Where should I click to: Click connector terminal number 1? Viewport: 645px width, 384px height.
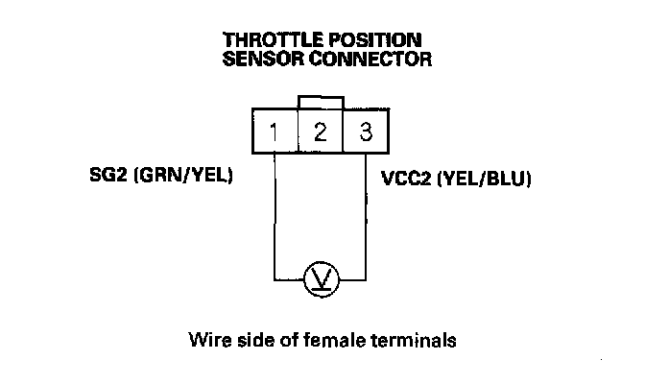275,132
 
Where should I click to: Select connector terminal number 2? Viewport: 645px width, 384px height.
321,132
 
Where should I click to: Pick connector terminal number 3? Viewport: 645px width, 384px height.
365,132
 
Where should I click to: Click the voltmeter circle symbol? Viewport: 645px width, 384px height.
320,279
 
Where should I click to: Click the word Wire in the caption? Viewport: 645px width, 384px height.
211,339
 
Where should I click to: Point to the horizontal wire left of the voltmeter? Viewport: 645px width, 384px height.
290,279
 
